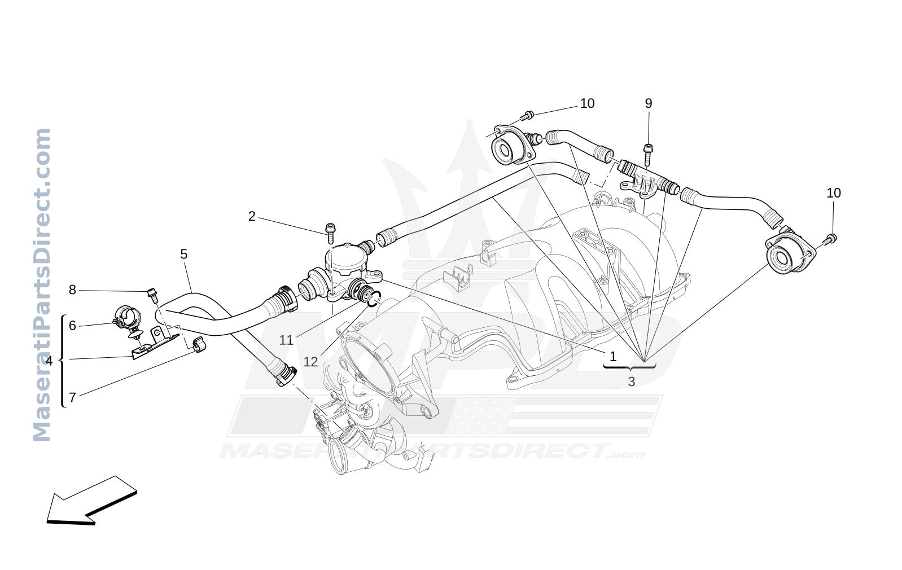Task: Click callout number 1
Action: coord(613,356)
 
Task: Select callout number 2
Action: coord(252,217)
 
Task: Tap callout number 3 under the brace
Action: coord(632,382)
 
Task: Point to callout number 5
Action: coord(183,254)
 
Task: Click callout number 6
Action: coord(72,326)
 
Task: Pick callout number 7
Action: coord(72,398)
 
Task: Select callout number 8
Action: coord(72,290)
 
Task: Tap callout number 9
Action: coord(649,103)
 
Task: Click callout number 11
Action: coord(286,340)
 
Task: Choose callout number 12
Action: coord(310,362)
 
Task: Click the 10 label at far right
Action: coord(834,193)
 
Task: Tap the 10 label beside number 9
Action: coord(587,103)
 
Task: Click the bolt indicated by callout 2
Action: coord(330,233)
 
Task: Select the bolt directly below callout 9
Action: coord(647,155)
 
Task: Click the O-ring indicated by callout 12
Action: coord(373,299)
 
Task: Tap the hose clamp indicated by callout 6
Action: coord(126,317)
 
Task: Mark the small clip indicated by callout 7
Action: coord(199,345)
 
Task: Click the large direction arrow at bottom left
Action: coord(92,501)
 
